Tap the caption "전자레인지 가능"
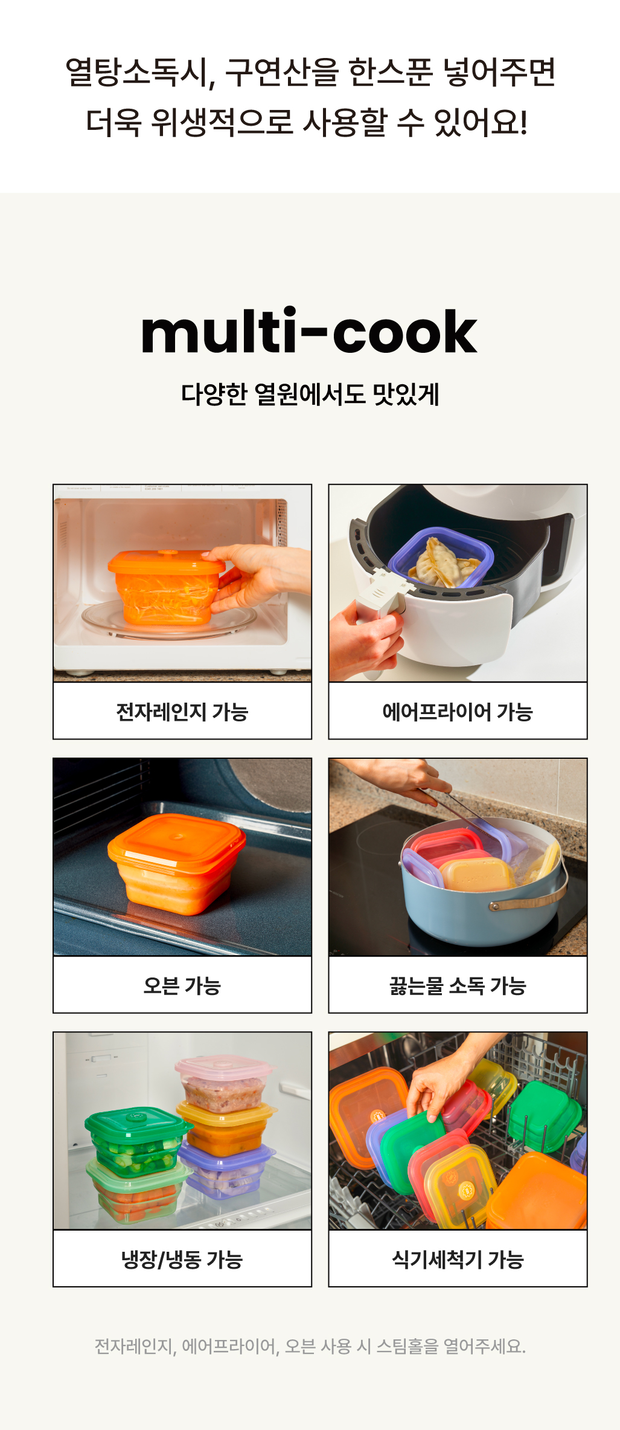182,712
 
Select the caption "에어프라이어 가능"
458,712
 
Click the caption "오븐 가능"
182,985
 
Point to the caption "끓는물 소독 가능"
458,985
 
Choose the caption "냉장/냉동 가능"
182,1260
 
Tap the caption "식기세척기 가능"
458,1260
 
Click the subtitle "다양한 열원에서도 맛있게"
310,394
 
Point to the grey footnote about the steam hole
310,1347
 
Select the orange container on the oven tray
177,864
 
